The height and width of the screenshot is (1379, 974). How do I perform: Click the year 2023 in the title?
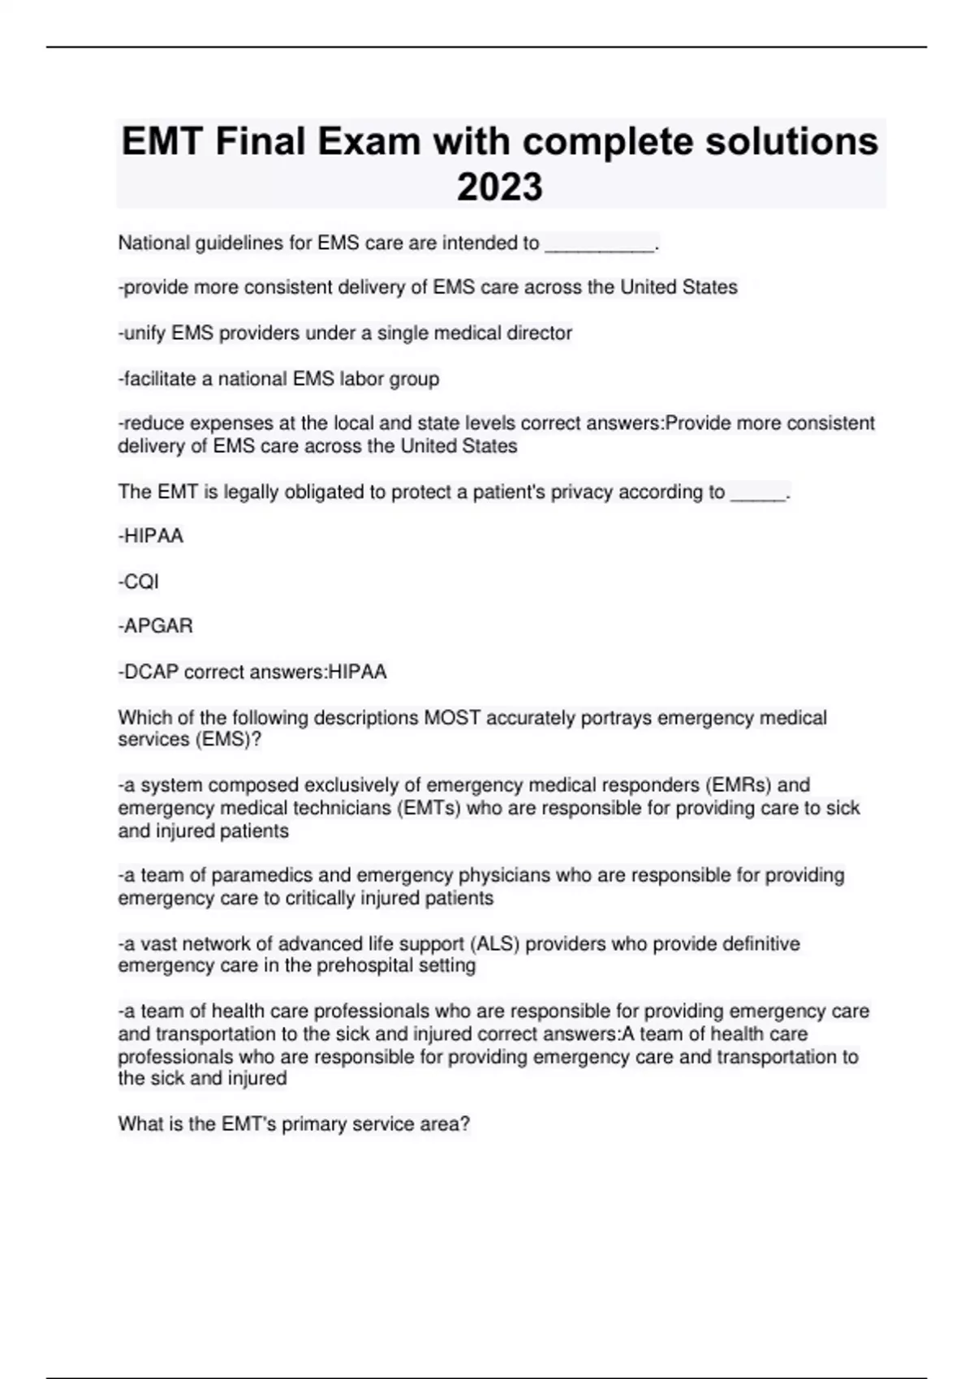[x=499, y=187]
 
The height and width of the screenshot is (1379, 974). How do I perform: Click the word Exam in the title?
[x=369, y=142]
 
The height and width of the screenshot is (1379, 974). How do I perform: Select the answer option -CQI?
[x=139, y=582]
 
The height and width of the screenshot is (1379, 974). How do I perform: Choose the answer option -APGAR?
[x=156, y=626]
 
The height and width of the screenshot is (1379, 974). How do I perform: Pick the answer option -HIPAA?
[x=151, y=536]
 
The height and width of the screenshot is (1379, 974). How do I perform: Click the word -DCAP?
[x=149, y=672]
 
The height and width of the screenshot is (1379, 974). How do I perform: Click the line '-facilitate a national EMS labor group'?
[x=279, y=379]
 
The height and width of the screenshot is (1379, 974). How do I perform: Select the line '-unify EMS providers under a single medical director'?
[x=346, y=333]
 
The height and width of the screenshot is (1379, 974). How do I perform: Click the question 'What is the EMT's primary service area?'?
[x=294, y=1124]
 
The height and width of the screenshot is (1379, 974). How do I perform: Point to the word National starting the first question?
[x=154, y=243]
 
